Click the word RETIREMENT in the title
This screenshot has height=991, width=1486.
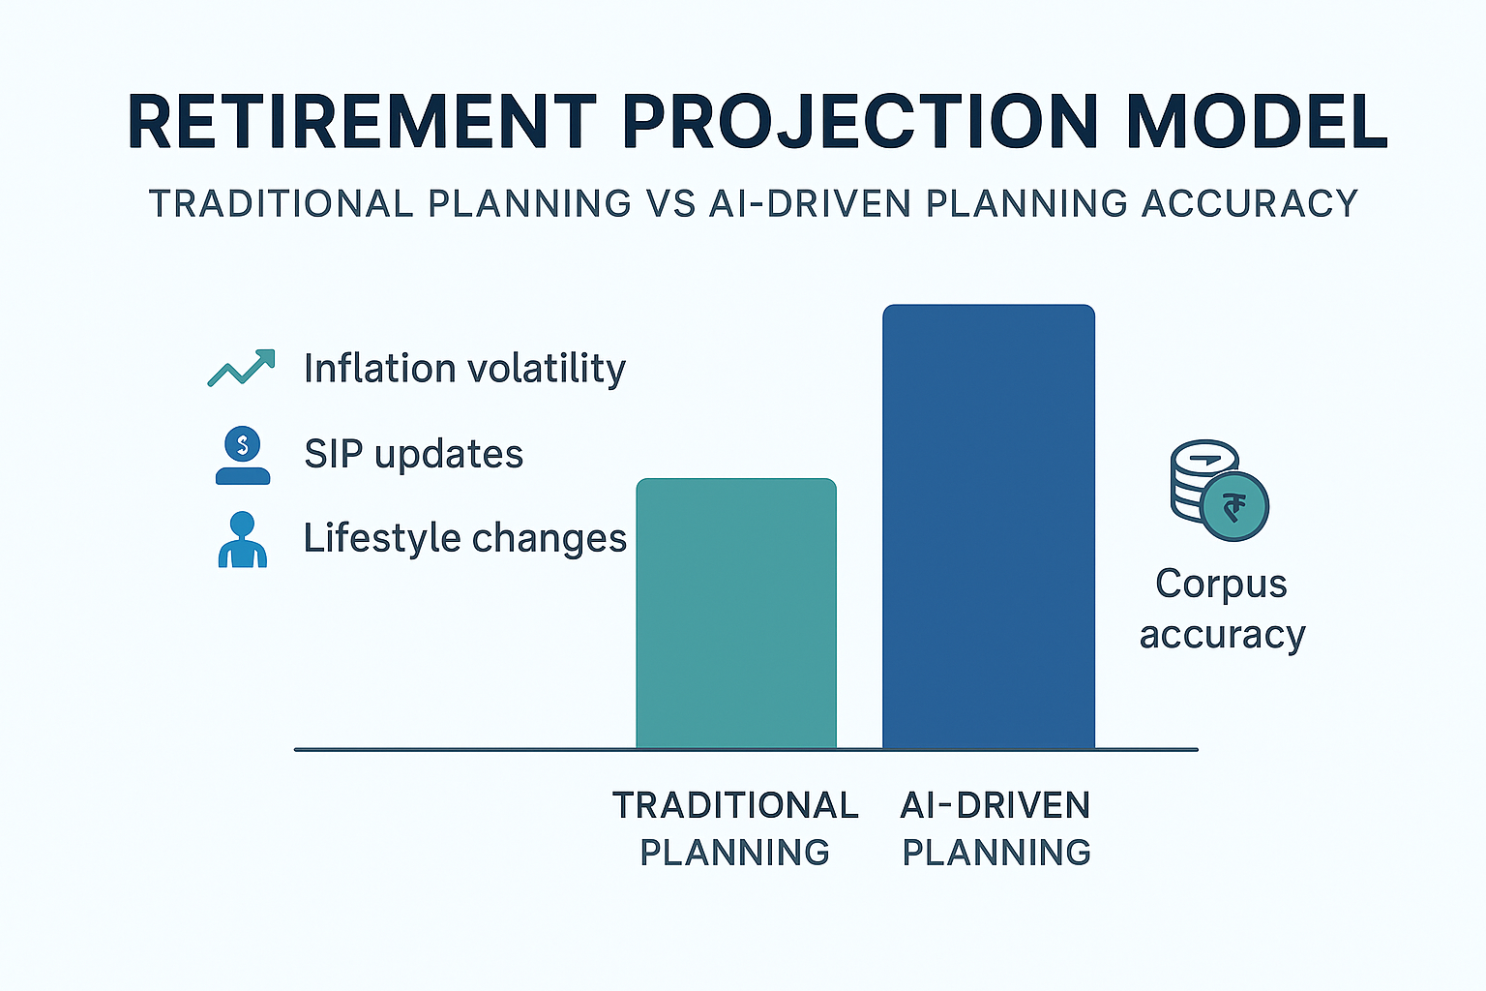[x=362, y=122]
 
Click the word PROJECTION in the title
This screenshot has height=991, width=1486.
[x=860, y=122]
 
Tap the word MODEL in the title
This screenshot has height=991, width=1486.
[x=1257, y=122]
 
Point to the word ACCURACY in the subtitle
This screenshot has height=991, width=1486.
[x=1249, y=204]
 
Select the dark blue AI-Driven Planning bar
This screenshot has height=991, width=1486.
[x=988, y=527]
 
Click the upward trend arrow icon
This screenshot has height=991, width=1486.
[x=241, y=369]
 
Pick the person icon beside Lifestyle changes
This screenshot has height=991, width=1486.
[x=242, y=539]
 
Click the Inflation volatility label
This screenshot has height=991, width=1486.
[x=464, y=369]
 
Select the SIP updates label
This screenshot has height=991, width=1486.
[x=413, y=454]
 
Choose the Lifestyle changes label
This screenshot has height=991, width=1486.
[x=464, y=538]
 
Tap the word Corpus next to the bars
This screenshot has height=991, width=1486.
[x=1221, y=584]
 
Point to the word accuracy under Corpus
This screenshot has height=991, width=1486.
[x=1222, y=635]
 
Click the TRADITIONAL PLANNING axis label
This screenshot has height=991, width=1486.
[x=735, y=828]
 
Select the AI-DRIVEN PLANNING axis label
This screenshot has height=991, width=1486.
[x=996, y=828]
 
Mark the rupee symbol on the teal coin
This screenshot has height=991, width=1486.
[x=1234, y=506]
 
